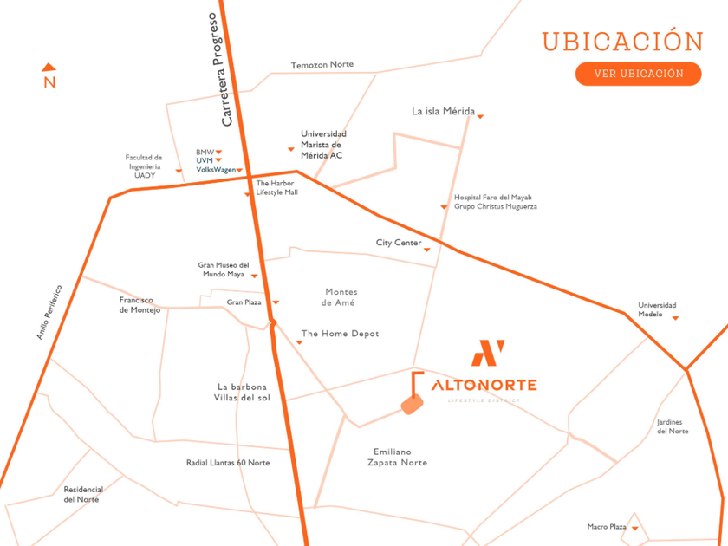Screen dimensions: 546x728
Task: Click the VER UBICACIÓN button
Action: pos(638,73)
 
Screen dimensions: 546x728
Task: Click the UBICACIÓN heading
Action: pos(622,41)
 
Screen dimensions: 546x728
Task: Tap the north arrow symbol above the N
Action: pos(49,67)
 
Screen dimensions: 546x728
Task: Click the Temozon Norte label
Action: pos(322,65)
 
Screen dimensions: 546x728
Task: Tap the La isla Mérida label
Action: pos(443,112)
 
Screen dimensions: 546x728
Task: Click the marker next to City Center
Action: pos(428,250)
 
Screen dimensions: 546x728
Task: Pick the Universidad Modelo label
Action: pos(657,309)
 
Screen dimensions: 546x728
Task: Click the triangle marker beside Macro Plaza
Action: pos(634,529)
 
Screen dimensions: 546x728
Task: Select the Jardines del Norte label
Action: pos(673,426)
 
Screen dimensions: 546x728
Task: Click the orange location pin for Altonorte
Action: pos(412,405)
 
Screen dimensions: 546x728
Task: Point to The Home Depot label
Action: pos(340,334)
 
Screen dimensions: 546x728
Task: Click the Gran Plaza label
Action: pos(244,302)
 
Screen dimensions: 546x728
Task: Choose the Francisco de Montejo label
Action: pos(140,305)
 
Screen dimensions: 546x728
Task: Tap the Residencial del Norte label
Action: pos(83,494)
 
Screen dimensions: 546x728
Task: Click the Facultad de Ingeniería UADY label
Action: pos(144,166)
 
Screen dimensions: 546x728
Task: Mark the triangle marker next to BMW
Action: pos(219,153)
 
